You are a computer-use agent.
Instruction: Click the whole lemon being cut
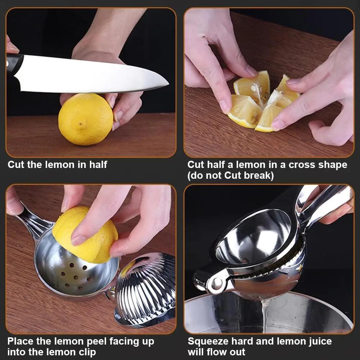pos(85,119)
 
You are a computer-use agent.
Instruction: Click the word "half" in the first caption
pos(98,165)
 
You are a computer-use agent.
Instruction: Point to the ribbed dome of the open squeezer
pos(146,288)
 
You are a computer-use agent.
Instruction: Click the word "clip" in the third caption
pos(87,352)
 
